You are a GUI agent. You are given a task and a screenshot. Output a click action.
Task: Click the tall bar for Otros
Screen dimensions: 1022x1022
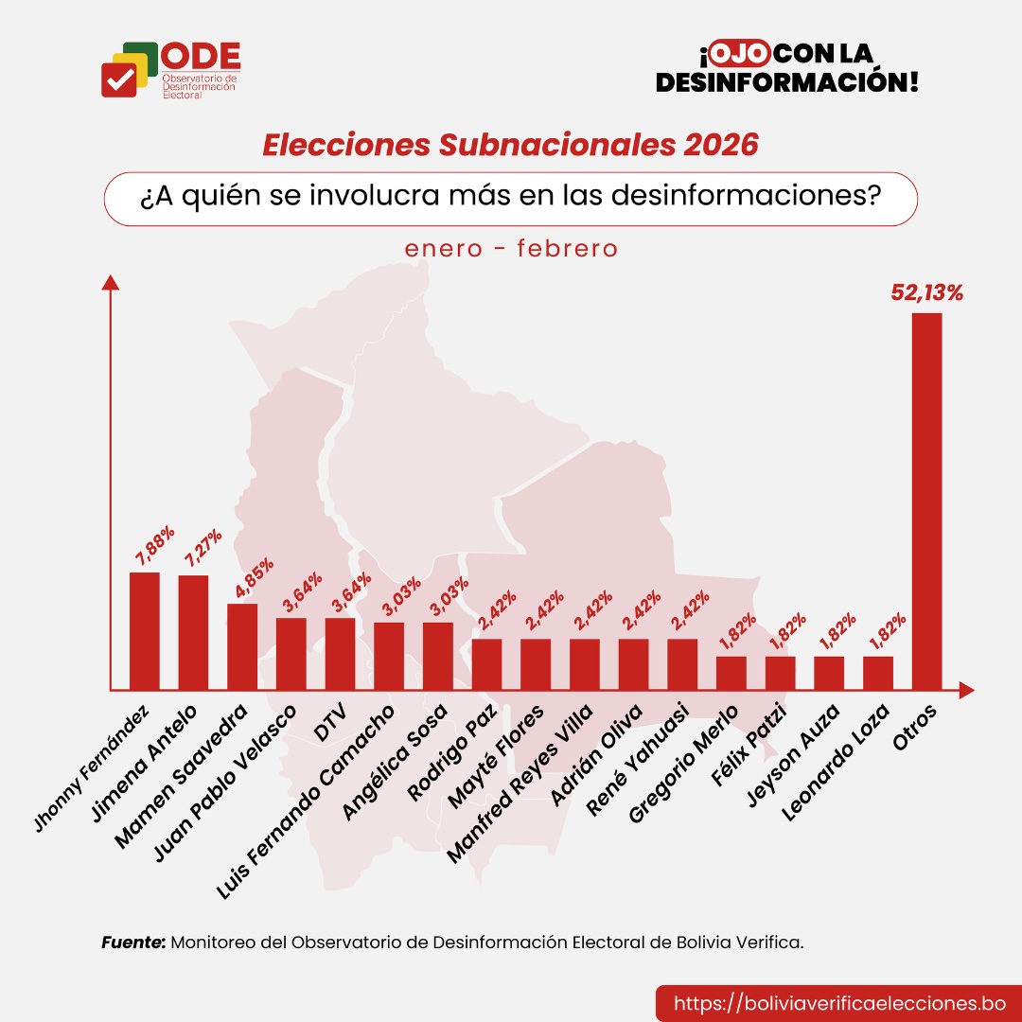pos(926,502)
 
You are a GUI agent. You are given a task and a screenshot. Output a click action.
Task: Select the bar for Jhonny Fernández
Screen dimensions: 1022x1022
pos(145,630)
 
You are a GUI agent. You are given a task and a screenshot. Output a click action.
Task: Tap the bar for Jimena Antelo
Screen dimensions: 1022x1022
pos(193,632)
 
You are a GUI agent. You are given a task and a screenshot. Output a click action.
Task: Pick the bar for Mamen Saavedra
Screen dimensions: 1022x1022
pos(242,646)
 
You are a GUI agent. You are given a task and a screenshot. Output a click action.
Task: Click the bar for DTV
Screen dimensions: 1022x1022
pos(340,653)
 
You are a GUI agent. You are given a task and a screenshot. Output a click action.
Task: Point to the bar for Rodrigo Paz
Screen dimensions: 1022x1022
pos(486,664)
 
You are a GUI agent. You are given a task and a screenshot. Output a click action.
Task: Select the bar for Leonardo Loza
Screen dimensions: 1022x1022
pos(878,673)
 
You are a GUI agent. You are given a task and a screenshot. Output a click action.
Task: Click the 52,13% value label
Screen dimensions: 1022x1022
pos(926,292)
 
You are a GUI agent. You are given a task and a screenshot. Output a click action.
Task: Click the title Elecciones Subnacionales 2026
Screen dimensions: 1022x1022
pos(510,145)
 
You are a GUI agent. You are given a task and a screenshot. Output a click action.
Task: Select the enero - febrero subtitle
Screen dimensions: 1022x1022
pos(511,249)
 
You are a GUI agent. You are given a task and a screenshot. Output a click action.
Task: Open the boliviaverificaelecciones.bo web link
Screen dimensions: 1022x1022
pos(838,1003)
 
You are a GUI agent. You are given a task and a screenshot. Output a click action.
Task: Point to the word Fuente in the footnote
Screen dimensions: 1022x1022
pos(133,943)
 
